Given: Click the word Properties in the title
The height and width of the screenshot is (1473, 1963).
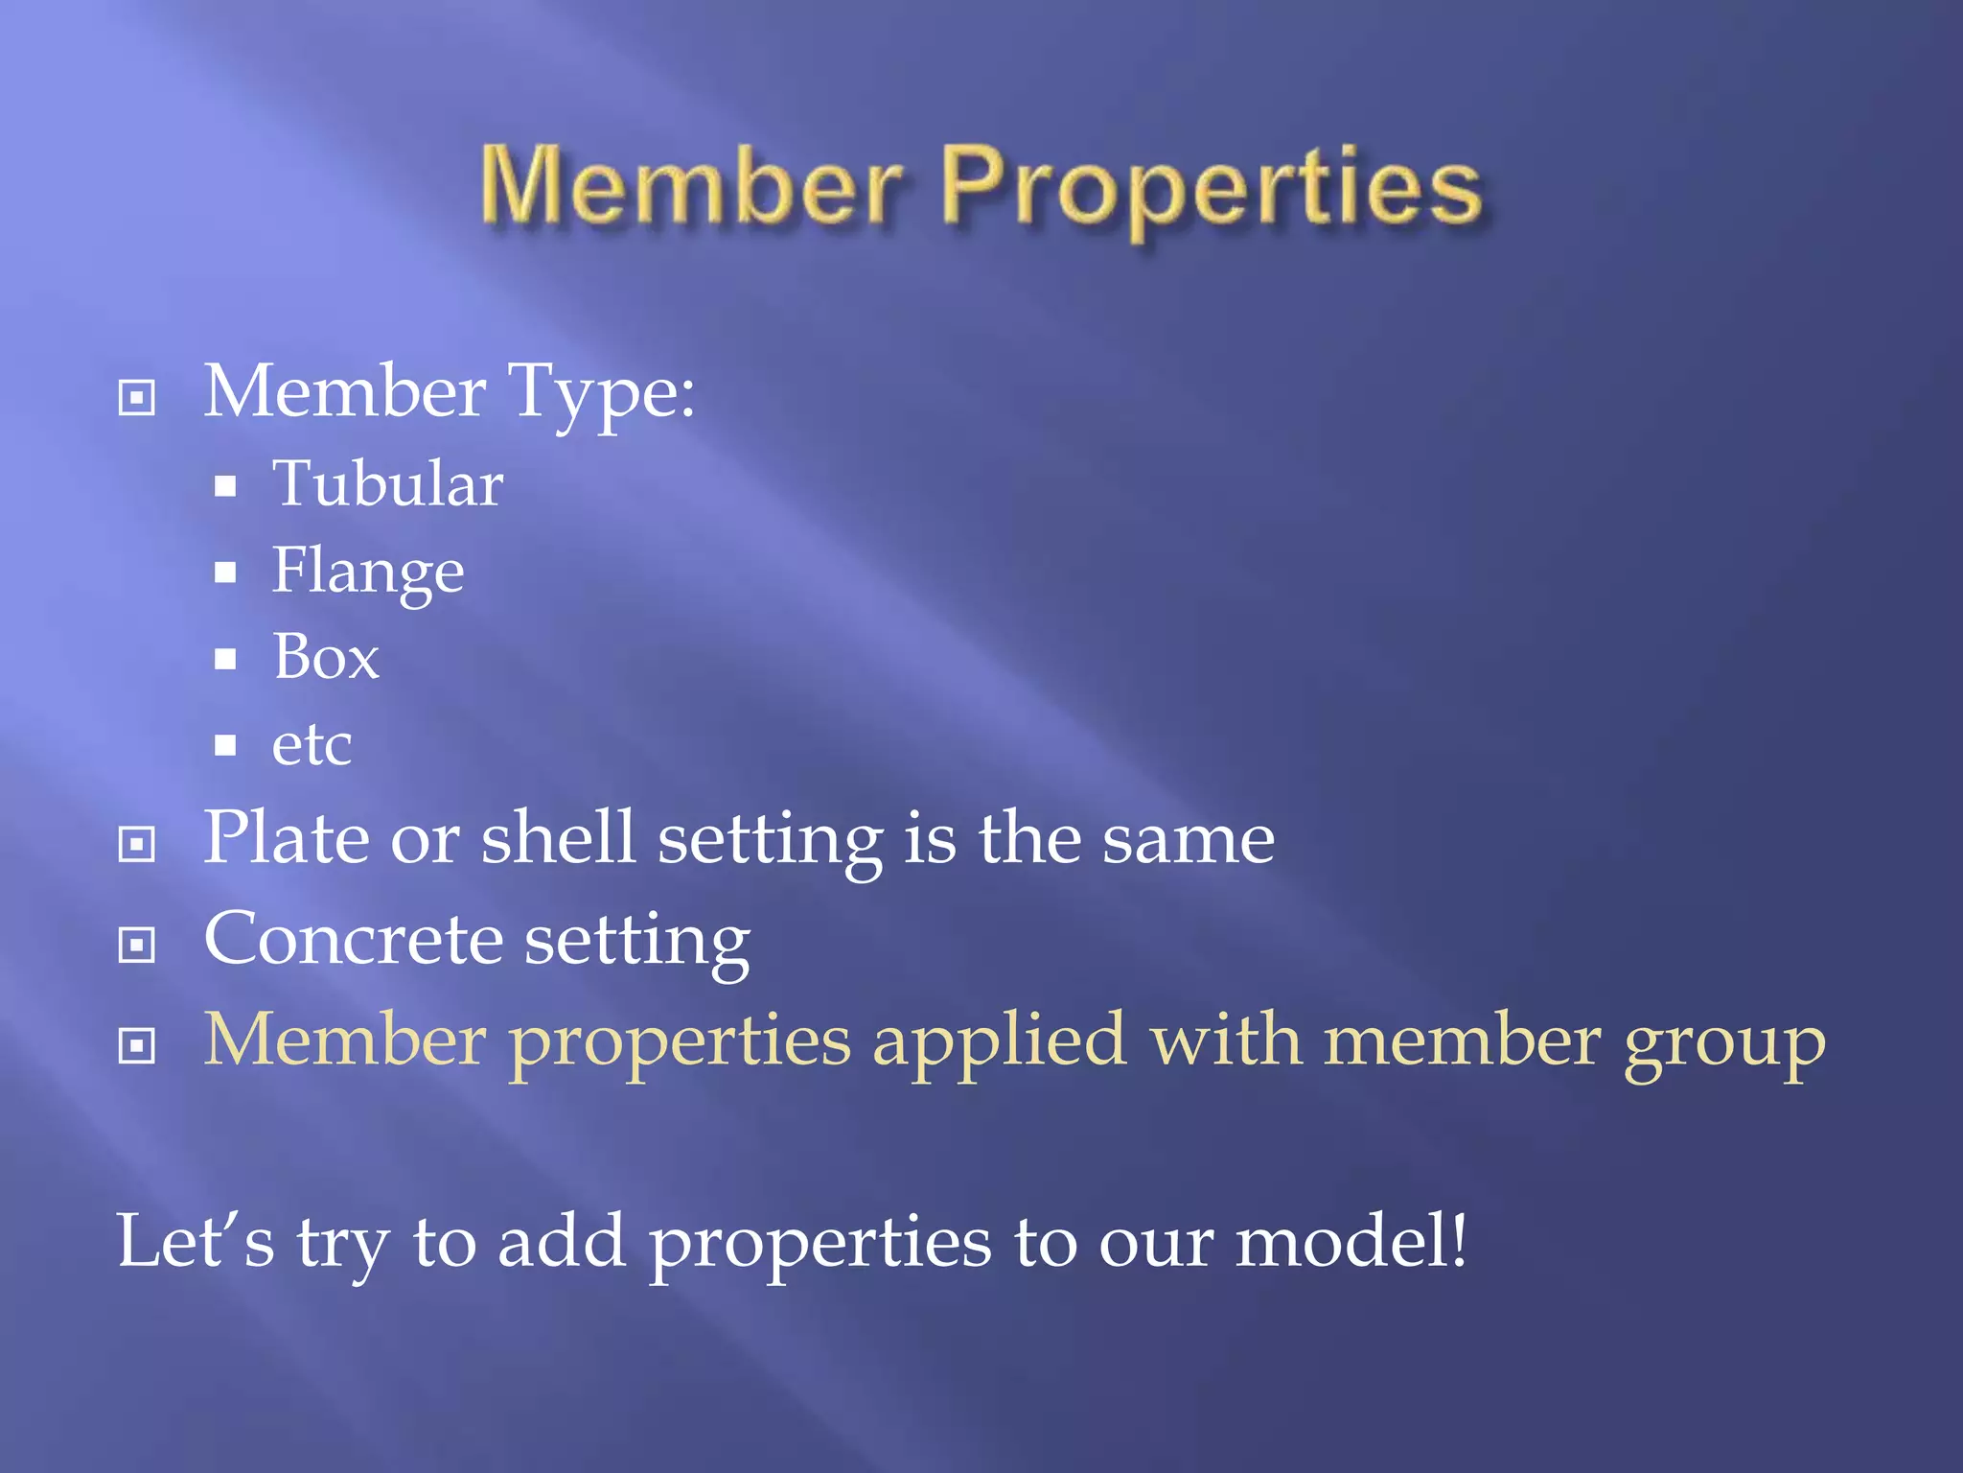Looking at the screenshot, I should (x=1212, y=188).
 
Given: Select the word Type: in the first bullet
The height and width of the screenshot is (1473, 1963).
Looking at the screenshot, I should (x=601, y=392).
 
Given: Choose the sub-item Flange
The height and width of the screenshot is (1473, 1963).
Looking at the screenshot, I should (x=368, y=573).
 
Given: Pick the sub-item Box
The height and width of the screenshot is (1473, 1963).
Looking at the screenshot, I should (x=326, y=658).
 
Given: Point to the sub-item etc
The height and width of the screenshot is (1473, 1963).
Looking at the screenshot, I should (x=312, y=745).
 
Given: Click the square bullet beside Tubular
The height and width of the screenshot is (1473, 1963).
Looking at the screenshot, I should (x=225, y=486).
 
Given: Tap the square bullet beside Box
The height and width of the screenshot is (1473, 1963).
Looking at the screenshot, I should (x=225, y=659).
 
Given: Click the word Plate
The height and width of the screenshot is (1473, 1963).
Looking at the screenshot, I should (x=287, y=838).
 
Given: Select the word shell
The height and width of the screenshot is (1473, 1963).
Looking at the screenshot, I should (x=558, y=838).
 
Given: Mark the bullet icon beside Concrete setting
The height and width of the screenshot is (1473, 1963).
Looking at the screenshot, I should (x=136, y=945).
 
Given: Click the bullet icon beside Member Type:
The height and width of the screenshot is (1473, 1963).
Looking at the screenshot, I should (x=136, y=397).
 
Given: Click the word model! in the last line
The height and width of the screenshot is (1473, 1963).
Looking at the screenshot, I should (x=1351, y=1241).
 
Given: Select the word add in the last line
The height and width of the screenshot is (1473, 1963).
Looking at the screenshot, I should (x=562, y=1241).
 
